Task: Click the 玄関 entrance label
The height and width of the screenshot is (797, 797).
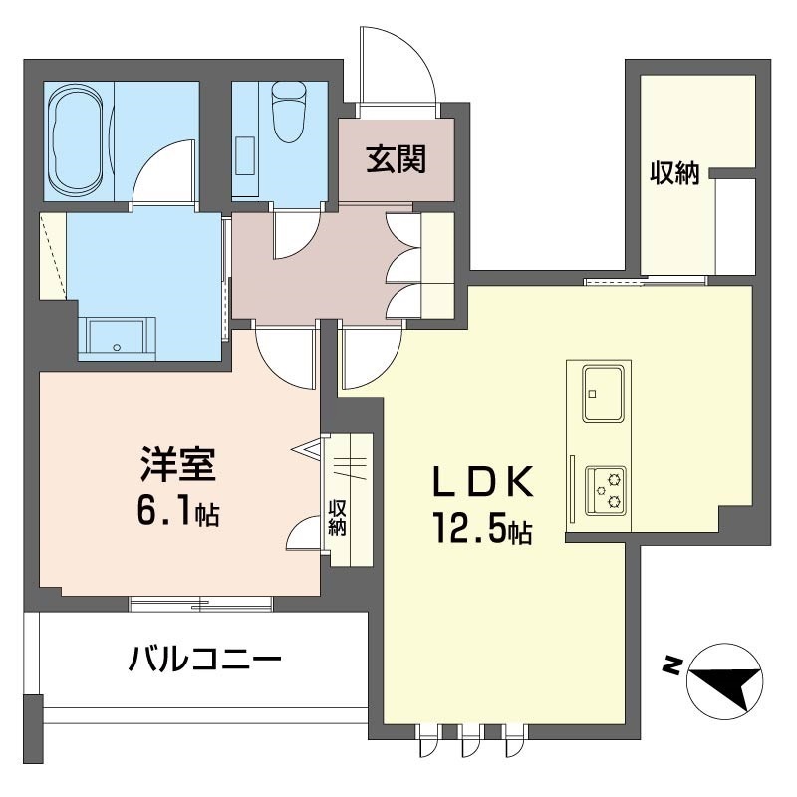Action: tap(396, 158)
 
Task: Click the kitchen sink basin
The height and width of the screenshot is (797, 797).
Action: tap(603, 394)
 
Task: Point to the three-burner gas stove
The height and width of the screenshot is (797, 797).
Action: tap(606, 490)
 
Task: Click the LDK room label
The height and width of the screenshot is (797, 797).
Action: tap(483, 482)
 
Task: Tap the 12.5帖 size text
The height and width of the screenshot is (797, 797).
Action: tap(483, 529)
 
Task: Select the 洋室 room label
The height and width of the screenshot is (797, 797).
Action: tap(178, 464)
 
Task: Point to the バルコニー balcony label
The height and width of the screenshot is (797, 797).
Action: tap(204, 660)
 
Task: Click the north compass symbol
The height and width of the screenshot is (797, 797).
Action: tap(725, 681)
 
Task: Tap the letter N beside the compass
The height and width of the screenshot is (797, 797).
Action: tap(673, 665)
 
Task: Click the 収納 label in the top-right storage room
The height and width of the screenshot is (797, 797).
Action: tap(675, 173)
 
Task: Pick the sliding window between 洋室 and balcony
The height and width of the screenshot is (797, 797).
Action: tap(201, 604)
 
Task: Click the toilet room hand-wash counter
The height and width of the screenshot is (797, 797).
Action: tap(245, 155)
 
